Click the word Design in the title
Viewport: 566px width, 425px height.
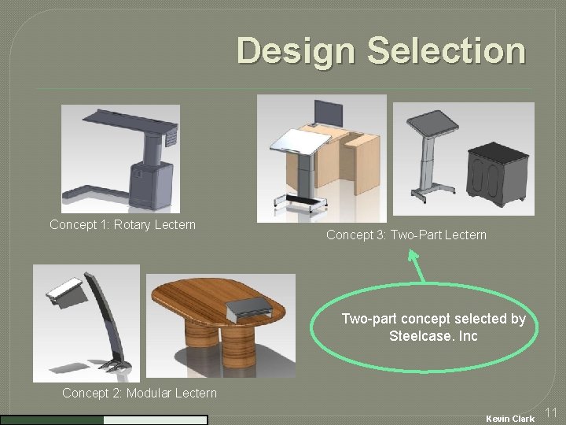click(x=295, y=51)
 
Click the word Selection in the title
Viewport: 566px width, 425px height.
click(x=446, y=51)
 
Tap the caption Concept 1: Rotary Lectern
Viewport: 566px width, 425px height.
click(x=122, y=225)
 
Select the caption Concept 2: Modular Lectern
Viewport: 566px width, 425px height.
click(x=139, y=393)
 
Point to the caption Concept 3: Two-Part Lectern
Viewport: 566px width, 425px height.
click(x=406, y=235)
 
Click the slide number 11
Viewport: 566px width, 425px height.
click(x=550, y=412)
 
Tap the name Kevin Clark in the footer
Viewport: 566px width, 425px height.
click(x=510, y=418)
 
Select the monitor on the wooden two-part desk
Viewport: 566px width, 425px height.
click(x=325, y=112)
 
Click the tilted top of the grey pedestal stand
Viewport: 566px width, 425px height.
click(x=430, y=122)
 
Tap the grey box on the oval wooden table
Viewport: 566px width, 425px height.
click(x=251, y=309)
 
